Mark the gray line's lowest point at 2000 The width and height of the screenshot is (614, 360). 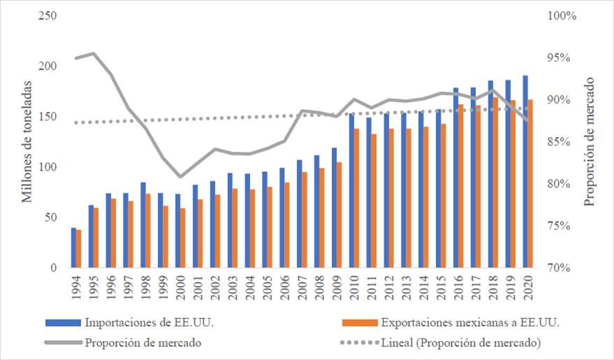(x=180, y=177)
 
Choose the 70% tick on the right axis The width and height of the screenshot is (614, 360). (x=562, y=268)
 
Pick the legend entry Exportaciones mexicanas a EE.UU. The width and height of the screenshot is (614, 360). (x=471, y=323)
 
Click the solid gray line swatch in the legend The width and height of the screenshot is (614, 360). (x=62, y=343)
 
